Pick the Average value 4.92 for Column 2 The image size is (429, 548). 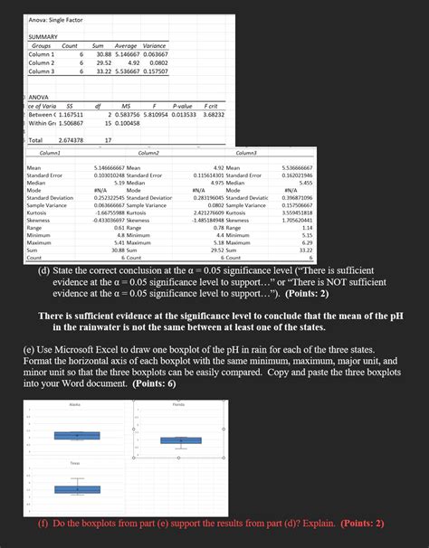125,62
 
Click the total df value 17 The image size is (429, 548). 108,140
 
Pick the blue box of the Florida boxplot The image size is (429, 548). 181,440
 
